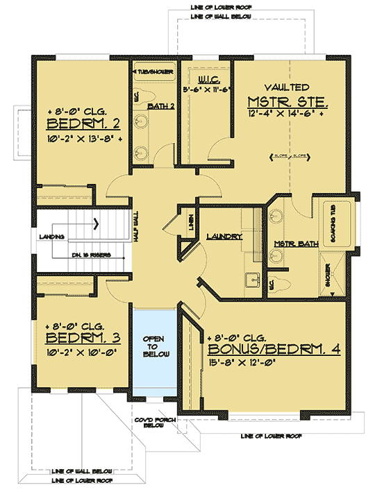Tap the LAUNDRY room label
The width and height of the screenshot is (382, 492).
(x=224, y=237)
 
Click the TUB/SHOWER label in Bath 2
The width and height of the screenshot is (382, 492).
(x=153, y=71)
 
